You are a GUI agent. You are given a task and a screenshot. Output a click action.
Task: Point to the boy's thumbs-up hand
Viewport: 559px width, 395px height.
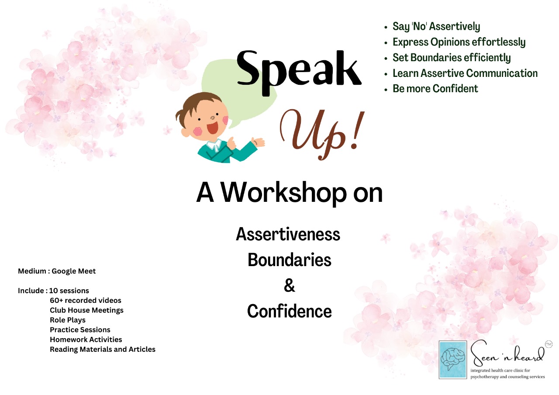click(231, 143)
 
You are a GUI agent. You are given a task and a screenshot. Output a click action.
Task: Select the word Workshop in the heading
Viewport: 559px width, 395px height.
click(284, 193)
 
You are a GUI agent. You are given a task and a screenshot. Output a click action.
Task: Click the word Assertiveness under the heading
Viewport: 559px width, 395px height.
click(288, 235)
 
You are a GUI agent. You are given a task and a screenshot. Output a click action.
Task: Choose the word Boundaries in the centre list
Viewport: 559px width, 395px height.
click(289, 260)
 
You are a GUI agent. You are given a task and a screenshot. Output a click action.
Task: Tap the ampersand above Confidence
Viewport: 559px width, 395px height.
click(289, 285)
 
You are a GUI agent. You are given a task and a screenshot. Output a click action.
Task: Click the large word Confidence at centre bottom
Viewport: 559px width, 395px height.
click(289, 312)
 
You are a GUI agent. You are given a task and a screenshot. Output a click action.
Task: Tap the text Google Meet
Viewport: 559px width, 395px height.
click(74, 271)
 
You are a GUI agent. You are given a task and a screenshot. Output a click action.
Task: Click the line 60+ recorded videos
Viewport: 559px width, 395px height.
click(85, 300)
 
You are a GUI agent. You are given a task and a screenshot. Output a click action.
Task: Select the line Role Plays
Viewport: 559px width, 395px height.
click(68, 320)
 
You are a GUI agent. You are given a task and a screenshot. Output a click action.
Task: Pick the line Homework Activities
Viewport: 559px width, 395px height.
click(86, 340)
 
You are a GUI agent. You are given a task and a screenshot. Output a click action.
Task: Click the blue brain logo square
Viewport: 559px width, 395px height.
click(453, 360)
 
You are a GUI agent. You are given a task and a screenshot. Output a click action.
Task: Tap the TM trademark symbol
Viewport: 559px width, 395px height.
click(549, 345)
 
